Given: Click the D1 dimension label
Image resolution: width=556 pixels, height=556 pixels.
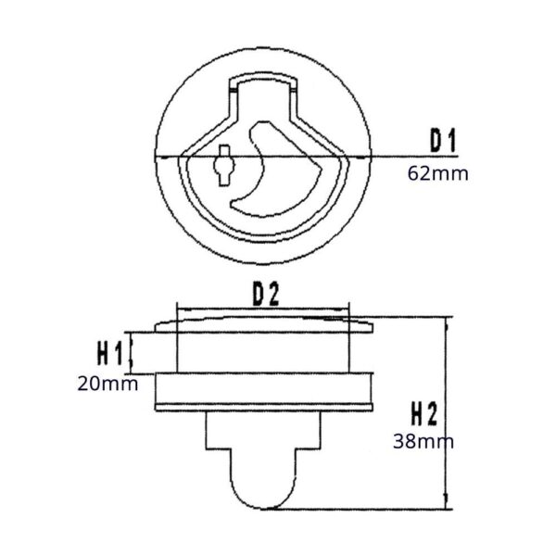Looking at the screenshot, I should coord(442,141).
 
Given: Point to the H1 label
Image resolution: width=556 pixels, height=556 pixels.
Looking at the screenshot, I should coord(109,352).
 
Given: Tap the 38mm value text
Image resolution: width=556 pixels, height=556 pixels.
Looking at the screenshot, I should coord(424,441).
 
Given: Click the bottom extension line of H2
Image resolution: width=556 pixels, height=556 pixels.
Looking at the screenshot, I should coord(371,509).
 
